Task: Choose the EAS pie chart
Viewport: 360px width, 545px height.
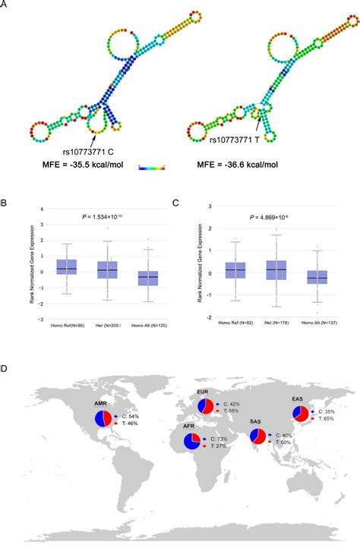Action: (x=301, y=414)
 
